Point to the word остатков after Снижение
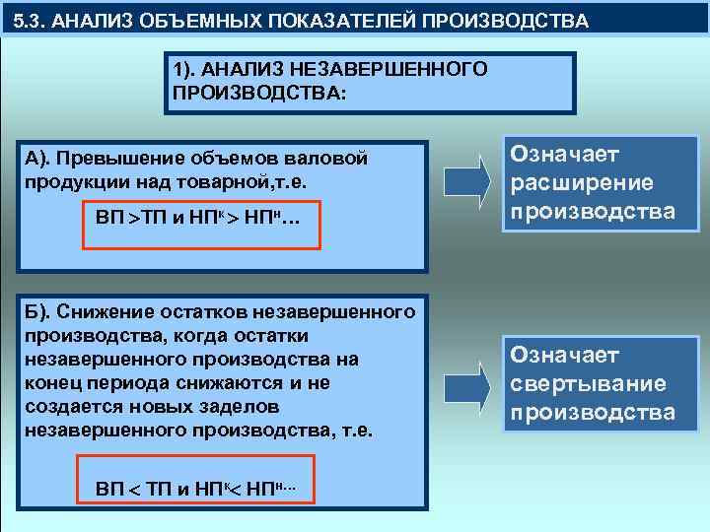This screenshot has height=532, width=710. tap(196, 312)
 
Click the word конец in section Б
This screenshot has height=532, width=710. tap(54, 383)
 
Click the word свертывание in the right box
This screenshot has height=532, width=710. tap(588, 382)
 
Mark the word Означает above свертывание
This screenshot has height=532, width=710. tap(564, 355)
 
